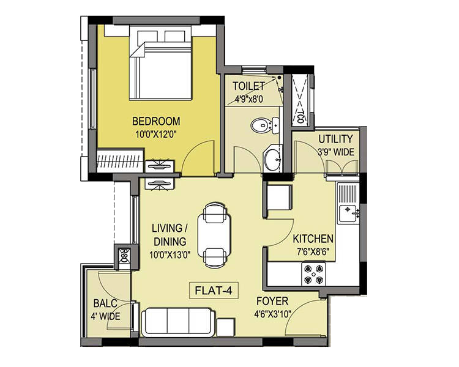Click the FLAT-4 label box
point(214,291)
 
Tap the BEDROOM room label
point(156,121)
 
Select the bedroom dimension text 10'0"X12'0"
point(157,135)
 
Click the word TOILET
point(248,86)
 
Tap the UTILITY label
point(335,139)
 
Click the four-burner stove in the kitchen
point(313,274)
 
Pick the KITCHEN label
point(313,239)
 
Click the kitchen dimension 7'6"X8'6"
point(313,251)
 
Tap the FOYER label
point(272,301)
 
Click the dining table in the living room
point(214,235)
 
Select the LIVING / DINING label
point(170,235)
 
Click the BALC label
point(105,303)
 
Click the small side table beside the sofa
point(225,327)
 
